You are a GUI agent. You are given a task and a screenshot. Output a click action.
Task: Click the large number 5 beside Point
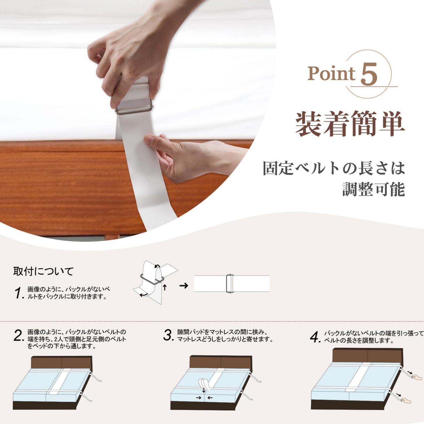(369, 74)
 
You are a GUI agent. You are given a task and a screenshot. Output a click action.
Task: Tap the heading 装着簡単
(350, 124)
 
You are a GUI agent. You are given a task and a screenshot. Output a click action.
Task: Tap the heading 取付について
(43, 271)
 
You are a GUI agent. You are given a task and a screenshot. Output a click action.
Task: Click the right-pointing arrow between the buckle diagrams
(184, 286)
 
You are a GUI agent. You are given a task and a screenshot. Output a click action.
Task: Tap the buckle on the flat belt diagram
(229, 284)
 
